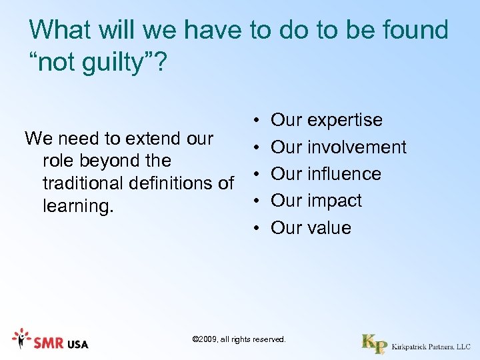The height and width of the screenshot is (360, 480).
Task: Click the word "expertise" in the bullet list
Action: (x=345, y=121)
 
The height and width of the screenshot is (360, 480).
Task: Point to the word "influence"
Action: (x=344, y=174)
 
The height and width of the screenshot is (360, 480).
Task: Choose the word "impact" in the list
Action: (x=335, y=201)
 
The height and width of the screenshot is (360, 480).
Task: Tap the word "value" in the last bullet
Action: (x=329, y=228)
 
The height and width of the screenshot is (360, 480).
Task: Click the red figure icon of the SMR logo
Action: (x=21, y=339)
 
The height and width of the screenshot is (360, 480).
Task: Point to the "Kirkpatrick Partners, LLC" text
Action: (x=431, y=347)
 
